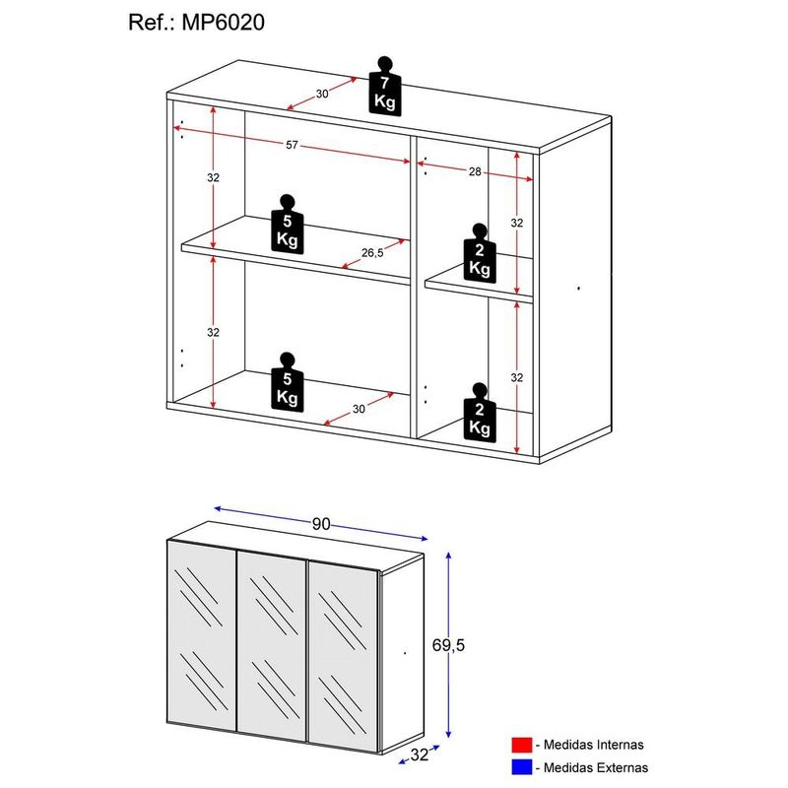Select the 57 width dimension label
click(x=292, y=146)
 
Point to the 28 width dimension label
click(x=474, y=172)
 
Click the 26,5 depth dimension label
click(x=372, y=252)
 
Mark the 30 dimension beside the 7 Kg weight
click(x=322, y=94)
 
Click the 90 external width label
click(x=321, y=524)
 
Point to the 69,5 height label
click(x=476, y=645)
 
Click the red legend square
click(x=522, y=745)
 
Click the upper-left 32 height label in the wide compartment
click(x=213, y=178)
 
